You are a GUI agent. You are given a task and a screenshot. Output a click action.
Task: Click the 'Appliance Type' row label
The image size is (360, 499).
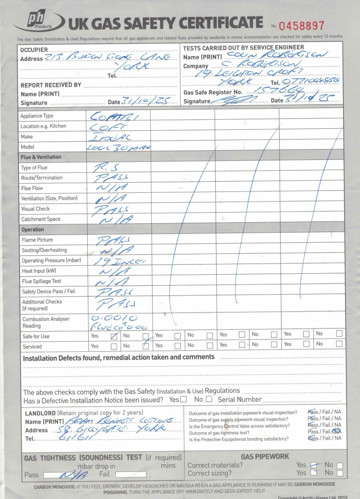click(37, 116)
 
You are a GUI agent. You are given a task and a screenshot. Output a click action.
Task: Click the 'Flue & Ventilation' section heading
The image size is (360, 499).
click(41, 157)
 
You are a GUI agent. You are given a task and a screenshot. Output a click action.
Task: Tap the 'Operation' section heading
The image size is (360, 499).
click(32, 229)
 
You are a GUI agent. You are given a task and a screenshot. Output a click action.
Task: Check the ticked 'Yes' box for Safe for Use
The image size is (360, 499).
click(114, 336)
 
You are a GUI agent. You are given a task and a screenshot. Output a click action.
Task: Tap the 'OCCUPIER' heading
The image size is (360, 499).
click(34, 50)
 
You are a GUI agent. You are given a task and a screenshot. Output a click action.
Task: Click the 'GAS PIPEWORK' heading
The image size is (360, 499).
click(266, 456)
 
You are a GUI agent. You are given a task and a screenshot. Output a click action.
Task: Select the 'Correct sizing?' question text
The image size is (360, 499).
click(209, 472)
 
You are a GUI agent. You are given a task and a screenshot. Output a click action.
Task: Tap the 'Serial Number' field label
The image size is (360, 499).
click(239, 400)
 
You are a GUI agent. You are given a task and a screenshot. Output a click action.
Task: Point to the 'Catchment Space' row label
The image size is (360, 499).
click(40, 219)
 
